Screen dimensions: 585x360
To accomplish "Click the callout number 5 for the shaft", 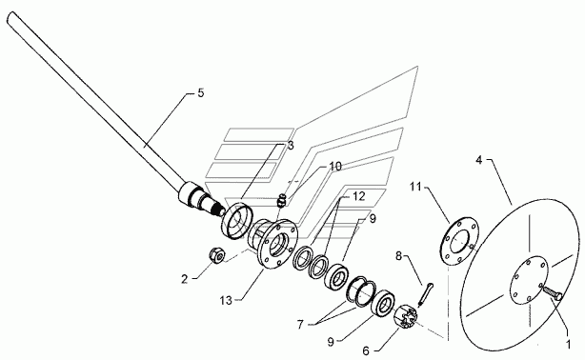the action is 201,93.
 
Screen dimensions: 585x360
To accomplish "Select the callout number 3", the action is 291,146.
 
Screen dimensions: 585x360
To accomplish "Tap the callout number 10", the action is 335,167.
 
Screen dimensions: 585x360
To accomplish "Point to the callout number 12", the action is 358,196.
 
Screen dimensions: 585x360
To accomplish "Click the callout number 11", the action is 415,187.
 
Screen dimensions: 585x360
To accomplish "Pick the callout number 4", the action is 479,160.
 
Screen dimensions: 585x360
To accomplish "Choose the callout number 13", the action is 226,300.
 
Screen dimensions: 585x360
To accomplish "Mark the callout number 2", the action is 184,279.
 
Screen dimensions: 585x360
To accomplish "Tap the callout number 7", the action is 300,325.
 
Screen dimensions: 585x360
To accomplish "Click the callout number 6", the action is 366,350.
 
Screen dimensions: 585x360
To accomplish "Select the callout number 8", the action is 399,256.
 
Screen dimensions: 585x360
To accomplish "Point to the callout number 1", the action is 568,345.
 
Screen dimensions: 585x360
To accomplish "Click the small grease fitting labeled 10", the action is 282,200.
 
